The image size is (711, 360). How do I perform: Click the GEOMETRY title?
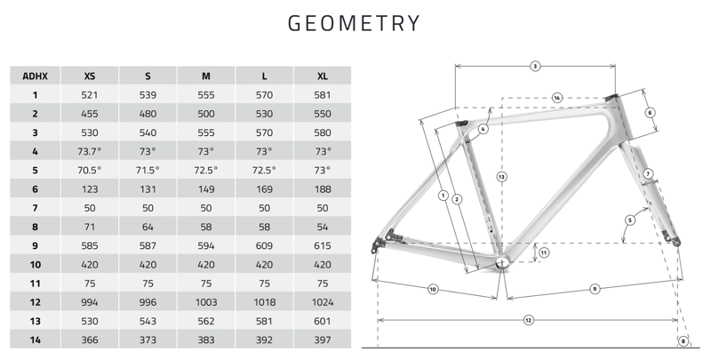coord(355,23)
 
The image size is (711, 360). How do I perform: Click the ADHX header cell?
coord(35,76)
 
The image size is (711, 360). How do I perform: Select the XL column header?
coord(322,76)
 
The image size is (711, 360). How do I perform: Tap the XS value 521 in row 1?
coord(90,94)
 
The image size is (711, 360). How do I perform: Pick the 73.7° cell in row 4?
coord(90,151)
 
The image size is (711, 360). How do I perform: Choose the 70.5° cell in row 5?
coord(90,170)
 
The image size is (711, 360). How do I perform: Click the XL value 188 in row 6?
coord(322,188)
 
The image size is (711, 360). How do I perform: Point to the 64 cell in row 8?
coord(148,227)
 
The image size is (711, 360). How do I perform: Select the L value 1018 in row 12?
coord(264,302)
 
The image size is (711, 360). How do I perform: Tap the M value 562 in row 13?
coord(206,321)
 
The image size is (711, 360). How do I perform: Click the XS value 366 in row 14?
coord(90,340)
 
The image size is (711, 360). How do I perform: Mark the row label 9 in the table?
coord(35,245)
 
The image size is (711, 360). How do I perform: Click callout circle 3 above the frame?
coord(535,66)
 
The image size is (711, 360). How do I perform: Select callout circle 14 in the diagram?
coord(556,97)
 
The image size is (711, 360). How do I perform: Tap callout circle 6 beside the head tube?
coord(650,113)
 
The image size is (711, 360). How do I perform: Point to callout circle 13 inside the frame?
coord(501,177)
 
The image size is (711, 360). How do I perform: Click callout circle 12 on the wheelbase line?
coord(528,319)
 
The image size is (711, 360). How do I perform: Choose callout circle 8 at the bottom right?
coord(683,341)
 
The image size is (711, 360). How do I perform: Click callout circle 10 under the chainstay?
coord(433,289)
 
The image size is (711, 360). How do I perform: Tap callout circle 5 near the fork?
coord(629,220)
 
